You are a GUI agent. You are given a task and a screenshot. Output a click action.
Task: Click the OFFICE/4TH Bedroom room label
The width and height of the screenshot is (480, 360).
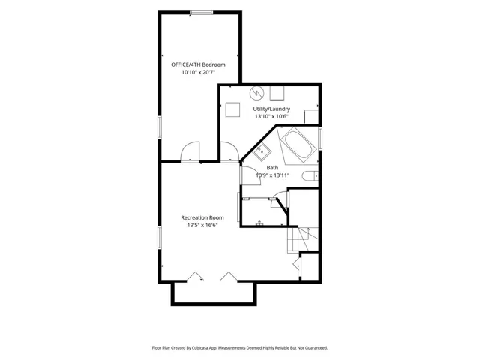(x=198, y=64)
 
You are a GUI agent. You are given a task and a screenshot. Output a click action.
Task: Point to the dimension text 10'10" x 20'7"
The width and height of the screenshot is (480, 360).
(x=198, y=73)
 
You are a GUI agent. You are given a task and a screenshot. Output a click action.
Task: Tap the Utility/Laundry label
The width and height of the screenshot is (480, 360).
(x=271, y=109)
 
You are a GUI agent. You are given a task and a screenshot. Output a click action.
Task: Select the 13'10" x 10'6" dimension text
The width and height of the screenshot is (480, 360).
(x=271, y=117)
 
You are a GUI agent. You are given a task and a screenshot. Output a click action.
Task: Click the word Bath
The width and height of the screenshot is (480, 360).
(x=272, y=168)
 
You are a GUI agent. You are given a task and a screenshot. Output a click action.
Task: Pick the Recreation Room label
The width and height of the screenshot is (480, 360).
(x=202, y=217)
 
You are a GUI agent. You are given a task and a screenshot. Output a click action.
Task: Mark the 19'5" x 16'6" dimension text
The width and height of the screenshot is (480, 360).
(x=202, y=225)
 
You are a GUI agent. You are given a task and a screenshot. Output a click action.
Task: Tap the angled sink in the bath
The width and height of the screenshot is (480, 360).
(x=261, y=152)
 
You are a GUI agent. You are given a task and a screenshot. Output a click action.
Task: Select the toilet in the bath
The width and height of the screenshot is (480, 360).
(x=310, y=176)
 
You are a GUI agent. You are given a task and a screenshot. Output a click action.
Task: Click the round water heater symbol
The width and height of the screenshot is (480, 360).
(x=256, y=93)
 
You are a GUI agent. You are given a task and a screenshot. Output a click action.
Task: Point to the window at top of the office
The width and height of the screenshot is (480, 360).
(x=201, y=13)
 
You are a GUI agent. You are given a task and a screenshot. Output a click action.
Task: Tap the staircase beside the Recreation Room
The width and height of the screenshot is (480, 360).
(x=303, y=240)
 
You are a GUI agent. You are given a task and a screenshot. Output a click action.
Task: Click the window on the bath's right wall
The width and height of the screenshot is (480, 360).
(x=320, y=139)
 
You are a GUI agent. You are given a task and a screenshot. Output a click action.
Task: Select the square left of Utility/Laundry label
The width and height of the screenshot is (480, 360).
(x=232, y=109)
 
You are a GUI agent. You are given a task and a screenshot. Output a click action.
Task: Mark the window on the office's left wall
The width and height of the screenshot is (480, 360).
(x=160, y=127)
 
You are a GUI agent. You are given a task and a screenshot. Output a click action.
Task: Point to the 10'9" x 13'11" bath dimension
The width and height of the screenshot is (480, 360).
(x=272, y=175)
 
